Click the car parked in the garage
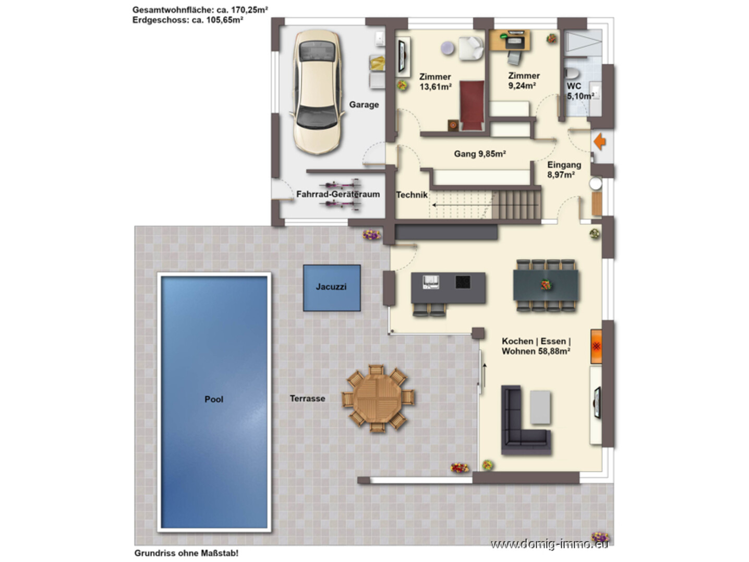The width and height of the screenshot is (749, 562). pos(317,92)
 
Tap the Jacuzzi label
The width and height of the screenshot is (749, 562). pos(331,286)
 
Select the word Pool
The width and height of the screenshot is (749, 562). pos(214,399)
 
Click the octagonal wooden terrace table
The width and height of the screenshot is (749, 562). pos(378,398)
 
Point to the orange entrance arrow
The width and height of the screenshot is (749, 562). pos(599,141)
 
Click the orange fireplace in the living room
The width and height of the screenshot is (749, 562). pos(596,346)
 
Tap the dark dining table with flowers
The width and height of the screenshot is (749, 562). pos(545,285)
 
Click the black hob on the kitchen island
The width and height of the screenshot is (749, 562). pos(463,282)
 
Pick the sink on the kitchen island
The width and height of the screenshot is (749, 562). pos(431,282)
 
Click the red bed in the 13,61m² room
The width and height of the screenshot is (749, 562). pos(472,105)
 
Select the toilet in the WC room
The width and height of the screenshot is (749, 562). pos(571,73)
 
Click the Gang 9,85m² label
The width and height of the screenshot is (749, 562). pos(479,154)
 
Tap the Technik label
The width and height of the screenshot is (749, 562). pos(412,195)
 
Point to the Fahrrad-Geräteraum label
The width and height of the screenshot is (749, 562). pos(338,194)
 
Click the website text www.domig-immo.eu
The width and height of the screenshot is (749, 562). pos(549,544)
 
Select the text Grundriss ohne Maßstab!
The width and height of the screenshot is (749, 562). pos(186,553)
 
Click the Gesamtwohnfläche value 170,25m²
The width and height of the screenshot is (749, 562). pos(249,10)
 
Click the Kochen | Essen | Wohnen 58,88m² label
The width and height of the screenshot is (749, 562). pos(536,346)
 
